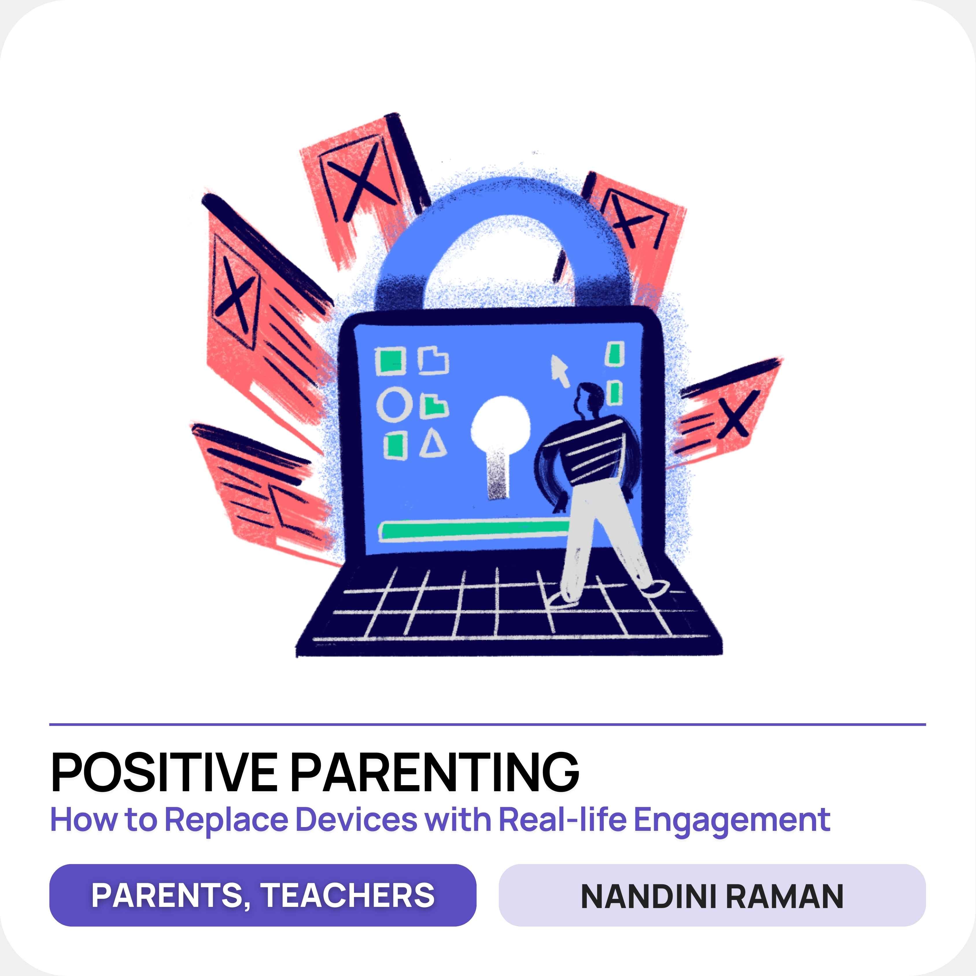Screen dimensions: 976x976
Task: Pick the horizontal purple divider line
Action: pyautogui.click(x=488, y=724)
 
